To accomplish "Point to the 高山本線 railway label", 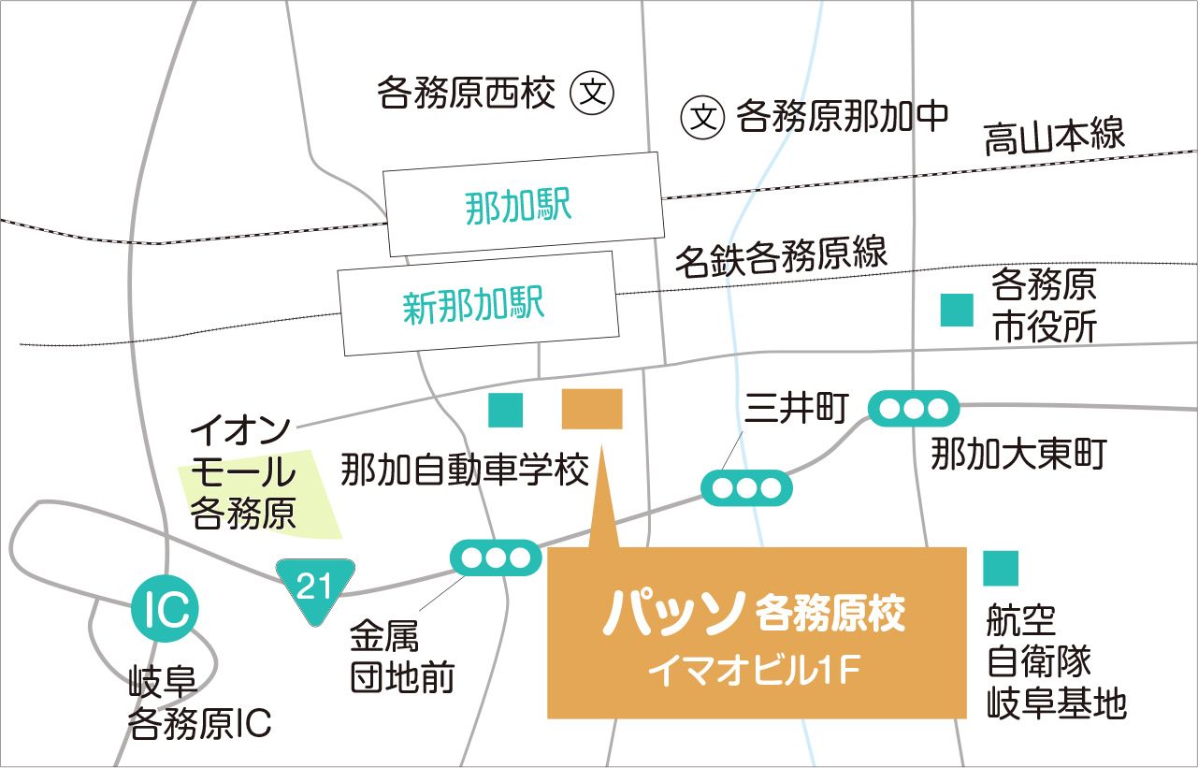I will click(x=1054, y=138).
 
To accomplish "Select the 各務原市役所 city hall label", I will click(x=1044, y=305).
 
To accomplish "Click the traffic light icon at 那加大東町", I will click(x=914, y=409).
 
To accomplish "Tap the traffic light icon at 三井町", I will click(x=745, y=487).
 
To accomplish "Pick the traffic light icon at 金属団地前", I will click(x=496, y=558).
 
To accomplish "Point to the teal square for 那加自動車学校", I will click(x=506, y=410).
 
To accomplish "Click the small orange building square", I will click(x=592, y=409).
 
